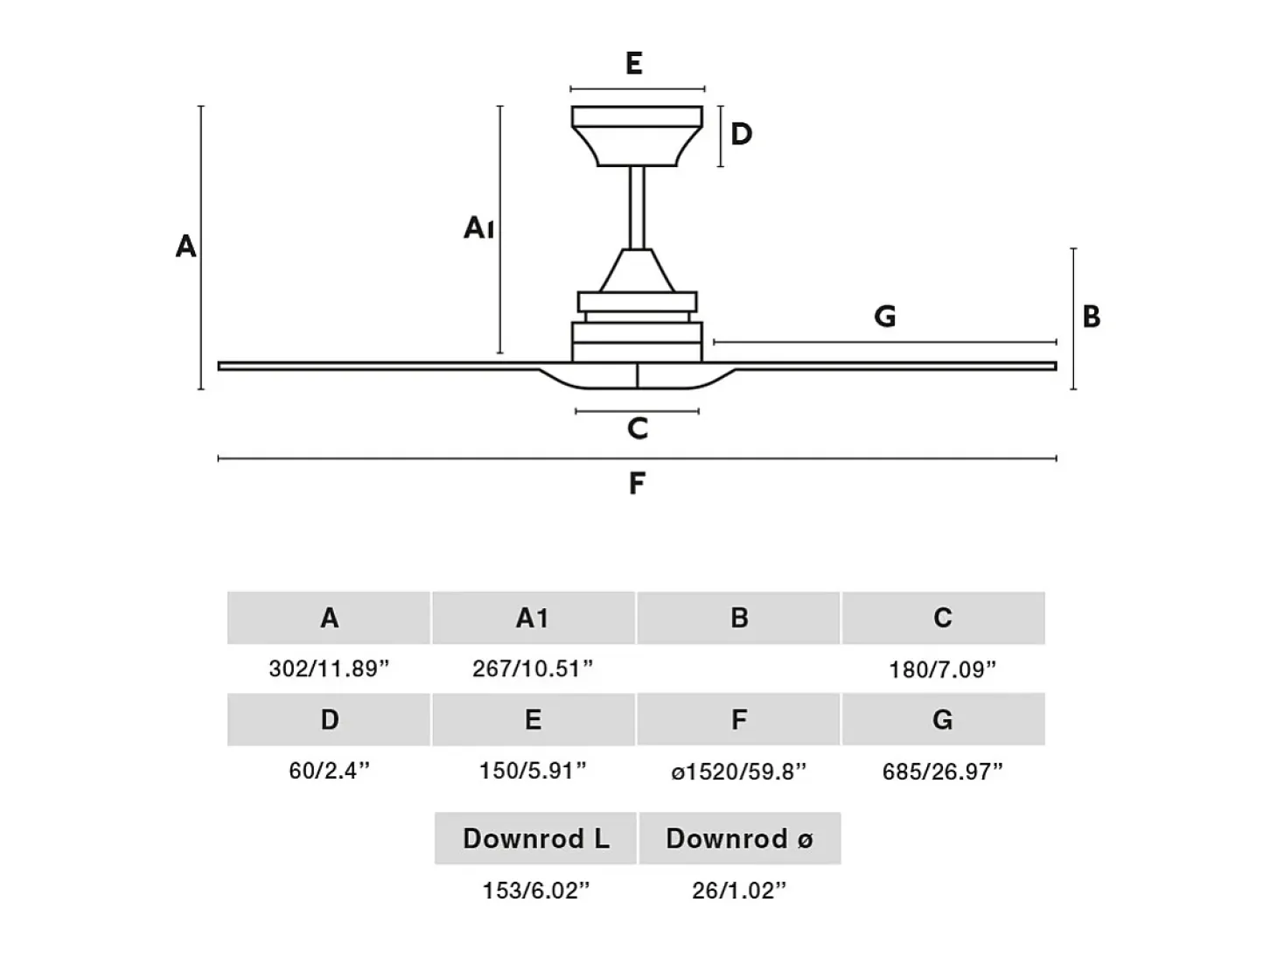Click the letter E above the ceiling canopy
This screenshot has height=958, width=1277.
click(x=634, y=63)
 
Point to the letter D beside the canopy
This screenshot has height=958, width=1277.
click(x=741, y=135)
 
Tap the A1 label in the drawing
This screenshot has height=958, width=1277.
click(x=478, y=227)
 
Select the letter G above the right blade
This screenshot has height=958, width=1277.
click(x=885, y=317)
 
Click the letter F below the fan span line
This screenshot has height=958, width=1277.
click(x=637, y=483)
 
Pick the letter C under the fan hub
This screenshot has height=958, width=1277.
click(x=638, y=429)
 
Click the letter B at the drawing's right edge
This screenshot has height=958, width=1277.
click(x=1092, y=317)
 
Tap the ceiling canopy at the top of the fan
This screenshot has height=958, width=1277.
click(x=637, y=136)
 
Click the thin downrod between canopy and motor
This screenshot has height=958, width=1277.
click(x=637, y=207)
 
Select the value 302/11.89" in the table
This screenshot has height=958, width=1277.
click(x=329, y=669)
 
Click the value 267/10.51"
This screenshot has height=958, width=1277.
click(x=533, y=669)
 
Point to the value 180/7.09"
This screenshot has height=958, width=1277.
click(x=943, y=670)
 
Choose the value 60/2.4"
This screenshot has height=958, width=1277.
click(x=329, y=771)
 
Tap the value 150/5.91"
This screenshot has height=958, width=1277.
click(x=533, y=771)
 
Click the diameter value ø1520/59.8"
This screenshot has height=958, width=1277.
click(x=739, y=772)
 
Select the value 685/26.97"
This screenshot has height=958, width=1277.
click(x=943, y=772)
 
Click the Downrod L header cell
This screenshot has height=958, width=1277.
click(x=536, y=838)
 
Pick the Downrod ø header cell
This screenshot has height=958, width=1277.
click(x=740, y=838)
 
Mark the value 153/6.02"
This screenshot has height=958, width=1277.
click(x=536, y=891)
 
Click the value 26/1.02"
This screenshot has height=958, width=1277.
click(x=739, y=891)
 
